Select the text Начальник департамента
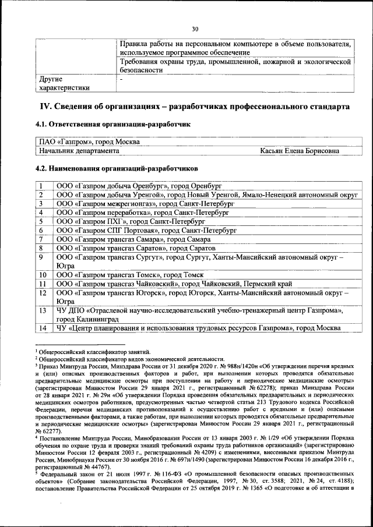79,151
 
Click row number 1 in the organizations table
41,186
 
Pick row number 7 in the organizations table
41,239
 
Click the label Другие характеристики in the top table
64,83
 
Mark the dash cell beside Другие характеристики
121,79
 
